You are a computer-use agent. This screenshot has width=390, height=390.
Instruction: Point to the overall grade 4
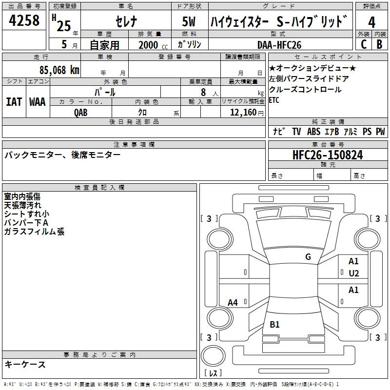click(x=371, y=23)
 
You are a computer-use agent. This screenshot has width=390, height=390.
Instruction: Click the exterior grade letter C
click(x=363, y=44)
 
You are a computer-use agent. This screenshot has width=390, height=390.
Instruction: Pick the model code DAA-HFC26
click(x=279, y=45)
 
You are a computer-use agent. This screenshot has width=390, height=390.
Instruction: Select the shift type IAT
click(x=14, y=101)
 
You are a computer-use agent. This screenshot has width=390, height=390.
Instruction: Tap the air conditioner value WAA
click(x=37, y=101)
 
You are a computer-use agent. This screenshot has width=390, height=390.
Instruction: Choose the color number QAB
click(x=81, y=112)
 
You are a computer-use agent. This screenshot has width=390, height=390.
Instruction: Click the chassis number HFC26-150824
click(x=328, y=155)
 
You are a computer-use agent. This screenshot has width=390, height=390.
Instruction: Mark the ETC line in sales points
click(x=275, y=100)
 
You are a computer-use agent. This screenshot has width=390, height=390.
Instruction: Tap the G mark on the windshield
click(x=308, y=257)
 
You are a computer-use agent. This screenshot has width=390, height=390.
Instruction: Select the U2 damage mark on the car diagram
click(x=353, y=273)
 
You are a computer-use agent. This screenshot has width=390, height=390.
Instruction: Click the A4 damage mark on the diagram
click(x=233, y=302)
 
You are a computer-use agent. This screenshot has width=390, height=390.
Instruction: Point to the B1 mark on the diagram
click(x=274, y=325)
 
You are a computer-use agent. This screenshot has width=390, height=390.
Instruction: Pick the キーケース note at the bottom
click(x=25, y=364)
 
